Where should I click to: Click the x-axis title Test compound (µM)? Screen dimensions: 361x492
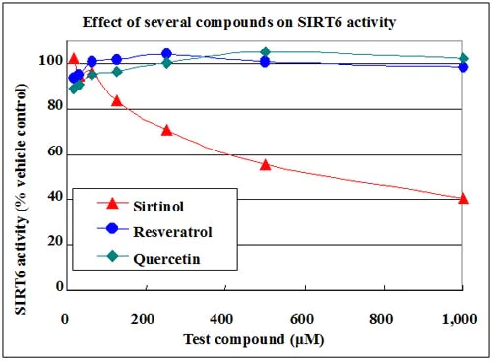[264, 340]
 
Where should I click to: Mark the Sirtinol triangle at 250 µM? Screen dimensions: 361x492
[166, 130]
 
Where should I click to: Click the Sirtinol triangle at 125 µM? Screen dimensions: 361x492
[117, 101]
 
